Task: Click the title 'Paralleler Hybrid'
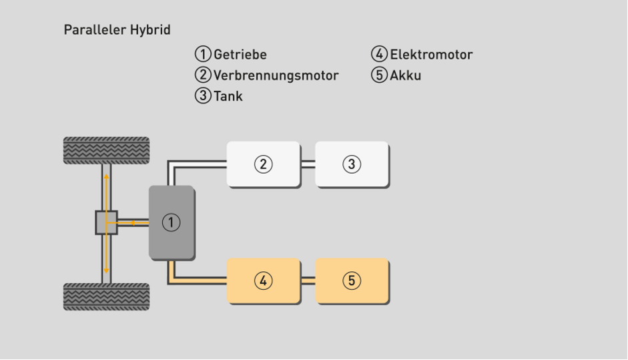(117, 30)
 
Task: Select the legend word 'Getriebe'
(240, 55)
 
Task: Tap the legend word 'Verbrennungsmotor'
(276, 75)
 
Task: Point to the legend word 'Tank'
(228, 96)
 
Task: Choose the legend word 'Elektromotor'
(431, 55)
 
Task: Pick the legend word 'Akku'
(406, 75)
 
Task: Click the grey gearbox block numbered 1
(172, 222)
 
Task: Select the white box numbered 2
(263, 164)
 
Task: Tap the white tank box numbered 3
(352, 164)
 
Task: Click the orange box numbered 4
(263, 281)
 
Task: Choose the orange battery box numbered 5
(352, 281)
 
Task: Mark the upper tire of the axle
(106, 150)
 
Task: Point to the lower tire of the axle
(106, 297)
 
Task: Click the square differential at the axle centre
(106, 222)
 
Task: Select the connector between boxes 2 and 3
(307, 164)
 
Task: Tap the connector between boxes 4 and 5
(307, 281)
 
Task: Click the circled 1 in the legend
(203, 55)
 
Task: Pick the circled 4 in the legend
(380, 55)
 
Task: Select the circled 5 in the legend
(380, 75)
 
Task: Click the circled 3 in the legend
(203, 96)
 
